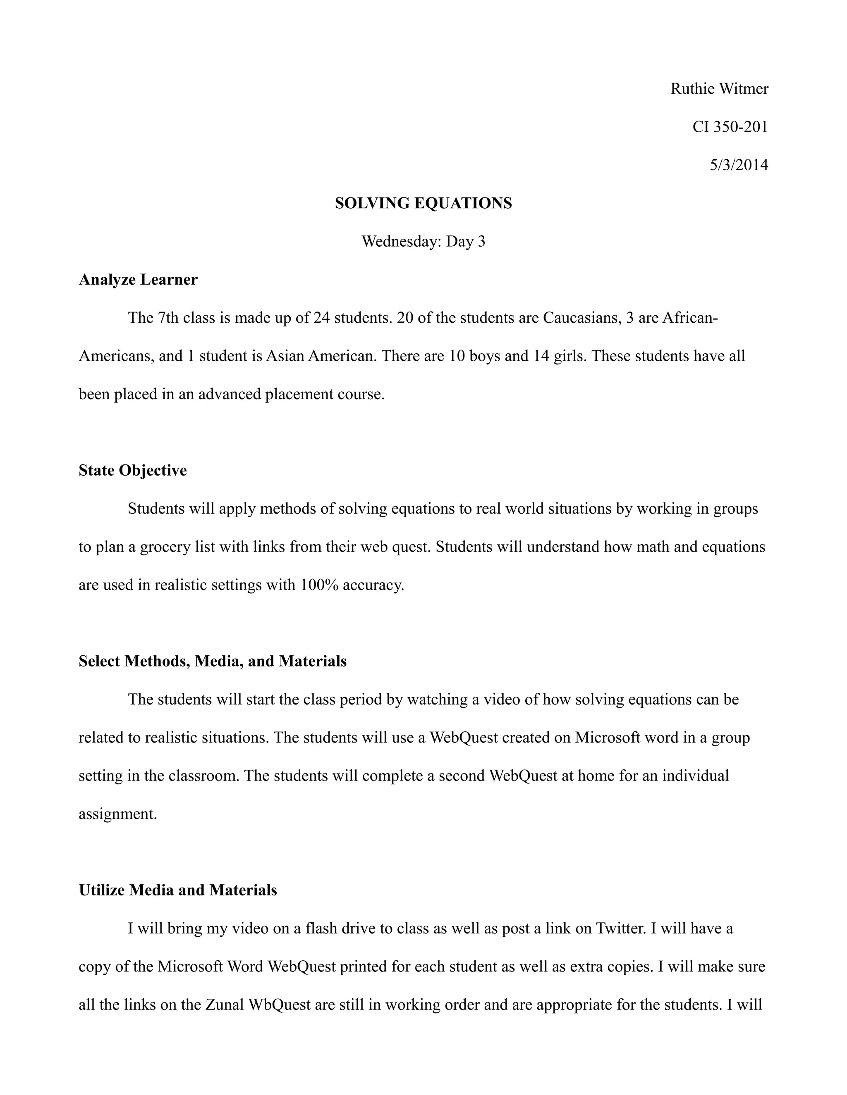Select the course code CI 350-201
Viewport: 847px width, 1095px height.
730,127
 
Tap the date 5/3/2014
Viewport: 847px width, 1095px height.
738,165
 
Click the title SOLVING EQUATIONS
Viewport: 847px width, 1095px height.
423,204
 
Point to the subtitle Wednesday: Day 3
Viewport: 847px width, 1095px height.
423,242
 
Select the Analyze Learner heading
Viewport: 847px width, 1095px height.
138,280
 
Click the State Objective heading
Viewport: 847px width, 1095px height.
132,470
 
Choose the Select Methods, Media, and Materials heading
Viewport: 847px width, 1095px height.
212,661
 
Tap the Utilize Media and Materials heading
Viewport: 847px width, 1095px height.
177,890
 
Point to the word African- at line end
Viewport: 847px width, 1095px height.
690,318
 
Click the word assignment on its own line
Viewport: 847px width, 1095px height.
118,814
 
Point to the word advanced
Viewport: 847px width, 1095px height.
229,394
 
